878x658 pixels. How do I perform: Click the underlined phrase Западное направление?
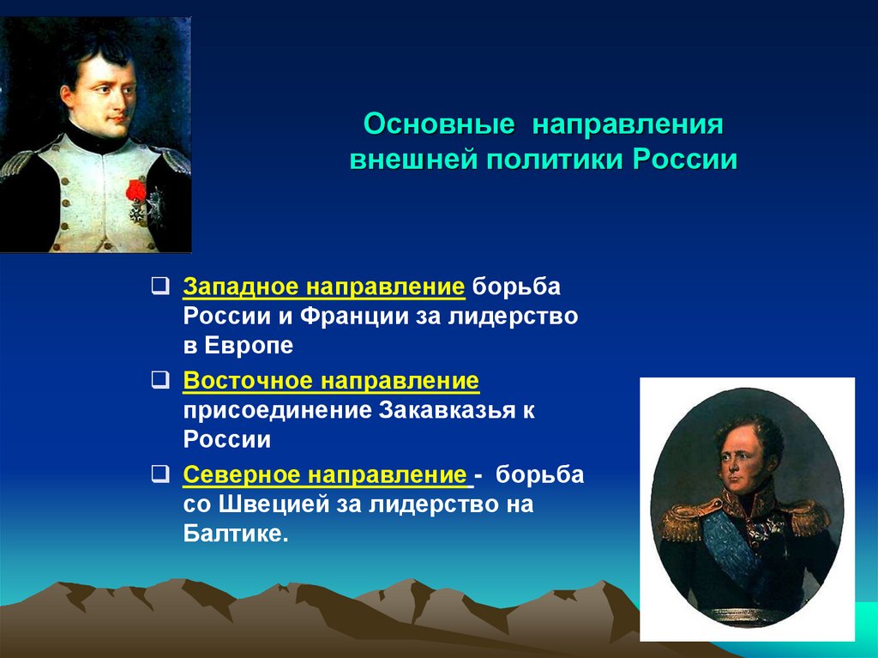[x=324, y=286]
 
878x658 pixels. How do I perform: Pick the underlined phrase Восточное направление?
[x=330, y=379]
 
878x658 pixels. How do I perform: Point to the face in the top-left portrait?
[x=101, y=86]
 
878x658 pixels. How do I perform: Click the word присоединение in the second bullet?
[x=275, y=410]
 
